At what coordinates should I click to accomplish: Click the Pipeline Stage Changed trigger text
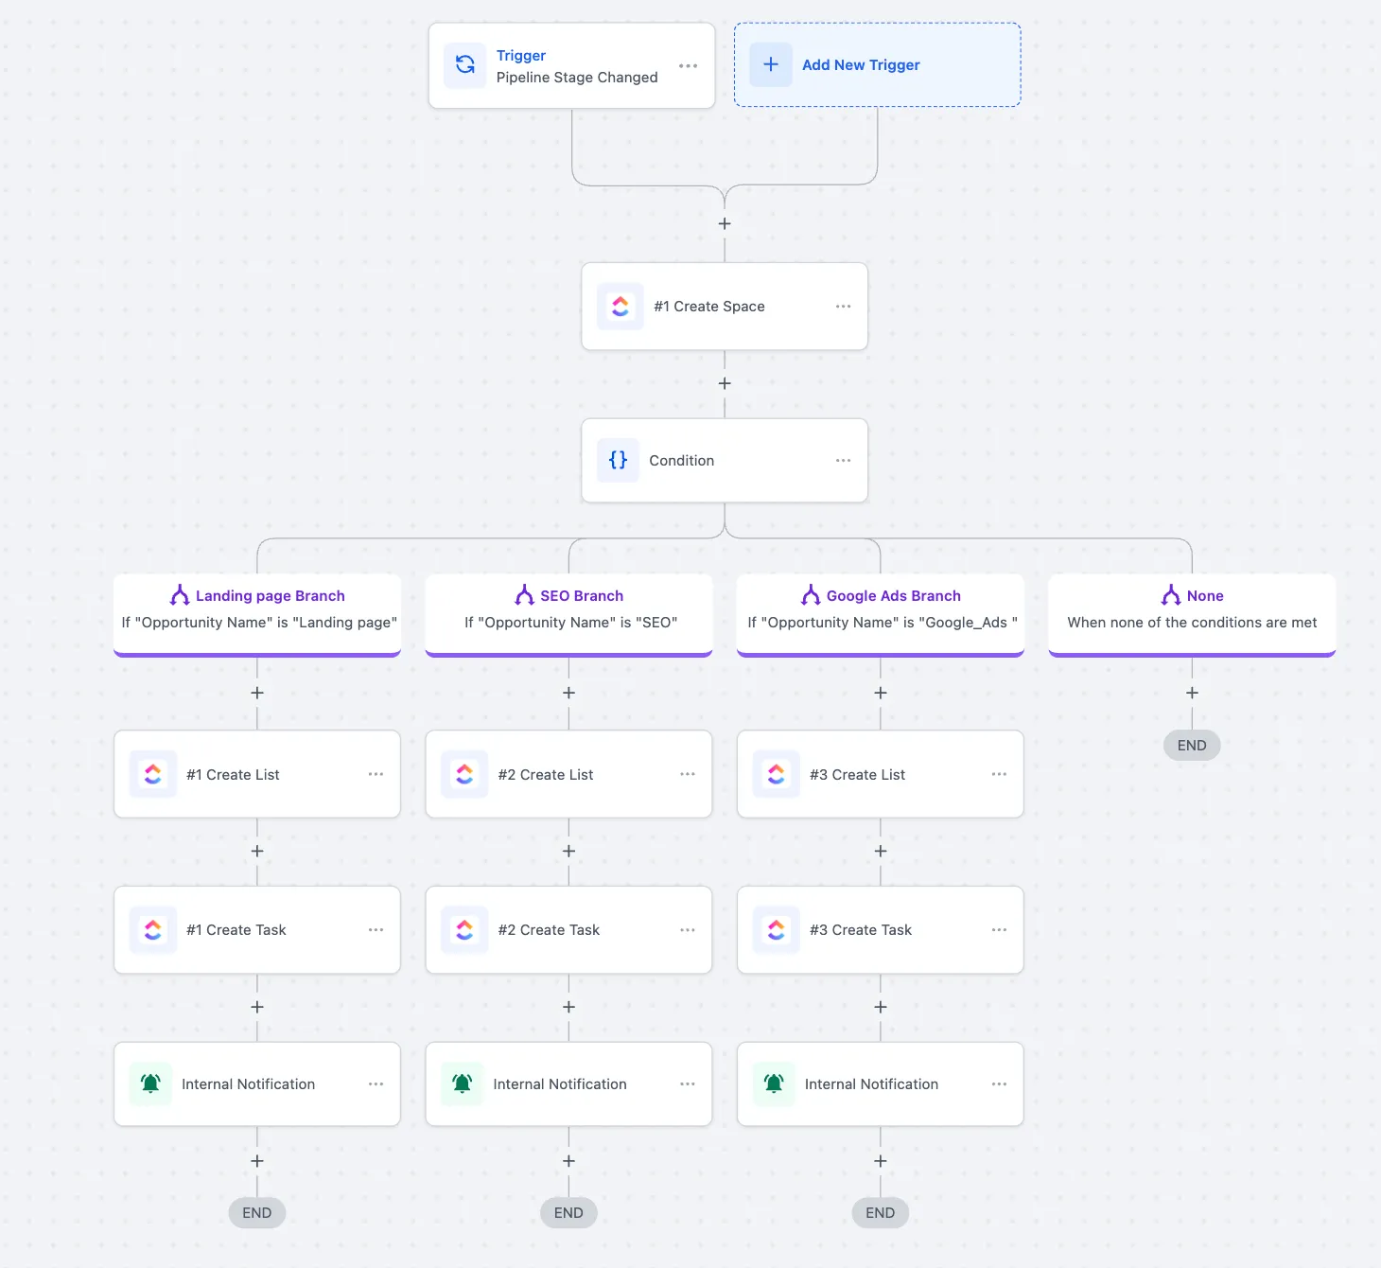576,78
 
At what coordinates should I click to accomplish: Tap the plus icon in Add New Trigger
770,64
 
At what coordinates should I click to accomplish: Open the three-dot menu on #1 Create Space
843,307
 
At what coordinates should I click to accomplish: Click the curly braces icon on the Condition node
618,460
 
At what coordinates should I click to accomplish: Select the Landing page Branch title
270,596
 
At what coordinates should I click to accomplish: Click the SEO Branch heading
582,596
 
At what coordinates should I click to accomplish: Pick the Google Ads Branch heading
893,596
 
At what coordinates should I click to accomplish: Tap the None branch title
1205,596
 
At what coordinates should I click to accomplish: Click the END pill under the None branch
1192,746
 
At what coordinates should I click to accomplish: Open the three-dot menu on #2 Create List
687,774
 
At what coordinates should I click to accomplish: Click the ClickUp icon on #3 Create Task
776,930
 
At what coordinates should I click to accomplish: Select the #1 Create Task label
236,930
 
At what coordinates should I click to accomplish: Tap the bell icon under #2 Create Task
462,1083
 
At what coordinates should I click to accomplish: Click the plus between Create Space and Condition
725,383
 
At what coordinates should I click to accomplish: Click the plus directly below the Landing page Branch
256,693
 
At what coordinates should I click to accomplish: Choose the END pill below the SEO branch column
568,1213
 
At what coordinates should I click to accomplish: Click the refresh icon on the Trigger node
464,64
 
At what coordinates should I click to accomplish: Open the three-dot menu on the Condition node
843,460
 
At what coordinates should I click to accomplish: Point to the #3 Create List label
857,775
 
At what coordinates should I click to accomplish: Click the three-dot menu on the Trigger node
688,66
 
